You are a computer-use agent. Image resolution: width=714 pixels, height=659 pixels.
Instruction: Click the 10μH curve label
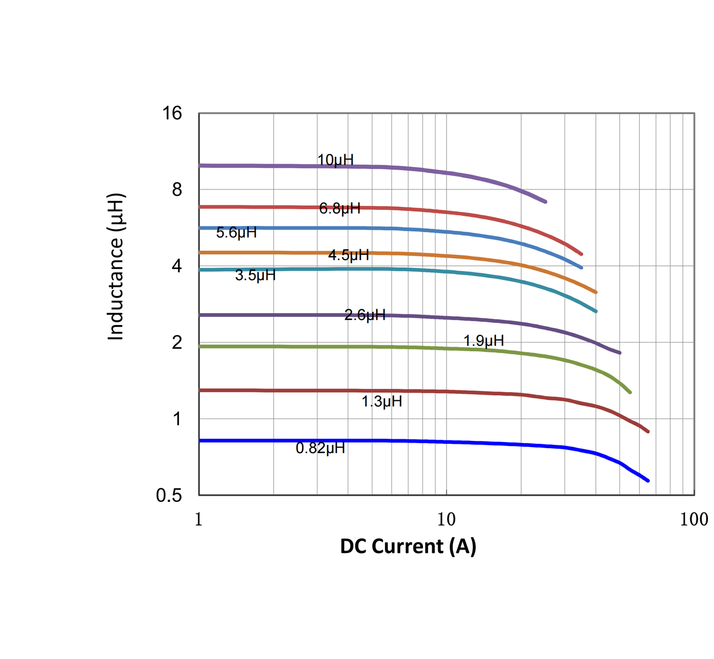[x=336, y=160]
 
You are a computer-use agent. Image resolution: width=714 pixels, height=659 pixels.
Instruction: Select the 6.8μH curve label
[x=340, y=209]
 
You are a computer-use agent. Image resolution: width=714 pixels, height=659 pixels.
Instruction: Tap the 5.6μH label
[x=236, y=233]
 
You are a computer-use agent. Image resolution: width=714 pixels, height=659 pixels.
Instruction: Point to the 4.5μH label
[x=349, y=255]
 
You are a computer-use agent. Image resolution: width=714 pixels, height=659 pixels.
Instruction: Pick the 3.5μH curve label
[x=255, y=276]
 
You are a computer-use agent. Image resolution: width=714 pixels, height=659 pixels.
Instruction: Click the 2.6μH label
[x=365, y=315]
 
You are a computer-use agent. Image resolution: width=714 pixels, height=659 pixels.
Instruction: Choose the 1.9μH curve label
[x=483, y=341]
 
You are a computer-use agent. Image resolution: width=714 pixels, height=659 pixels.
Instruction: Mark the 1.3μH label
[x=382, y=402]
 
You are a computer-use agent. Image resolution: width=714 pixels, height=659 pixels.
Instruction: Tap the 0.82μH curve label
[x=320, y=449]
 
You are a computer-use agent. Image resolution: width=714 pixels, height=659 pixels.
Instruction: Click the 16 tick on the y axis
[x=172, y=114]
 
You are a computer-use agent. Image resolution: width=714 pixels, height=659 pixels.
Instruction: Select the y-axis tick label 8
[x=177, y=190]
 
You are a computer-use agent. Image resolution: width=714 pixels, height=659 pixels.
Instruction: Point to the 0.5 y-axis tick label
[x=169, y=496]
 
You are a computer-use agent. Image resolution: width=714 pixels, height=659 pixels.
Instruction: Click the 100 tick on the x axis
[x=694, y=520]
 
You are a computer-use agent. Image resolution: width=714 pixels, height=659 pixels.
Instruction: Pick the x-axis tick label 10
[x=447, y=520]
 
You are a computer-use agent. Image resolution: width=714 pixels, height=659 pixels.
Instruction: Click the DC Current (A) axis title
[x=408, y=546]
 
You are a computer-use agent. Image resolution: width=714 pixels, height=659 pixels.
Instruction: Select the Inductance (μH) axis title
[x=116, y=267]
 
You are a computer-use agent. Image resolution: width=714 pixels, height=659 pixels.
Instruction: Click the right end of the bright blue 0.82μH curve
[x=648, y=481]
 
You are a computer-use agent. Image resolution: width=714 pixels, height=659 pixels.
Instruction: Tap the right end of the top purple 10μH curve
[x=545, y=202]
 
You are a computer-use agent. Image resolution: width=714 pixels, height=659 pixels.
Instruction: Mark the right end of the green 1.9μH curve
[x=629, y=392]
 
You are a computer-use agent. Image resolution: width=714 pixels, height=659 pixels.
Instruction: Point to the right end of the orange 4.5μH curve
[x=596, y=292]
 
